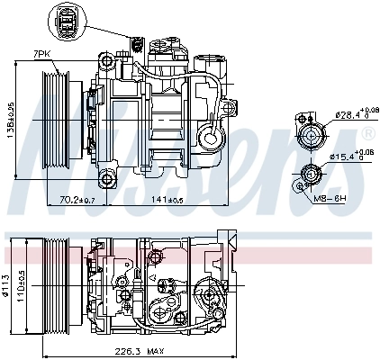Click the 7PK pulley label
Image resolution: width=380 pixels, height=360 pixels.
(x=41, y=55)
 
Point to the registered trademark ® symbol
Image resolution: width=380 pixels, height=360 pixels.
(x=366, y=134)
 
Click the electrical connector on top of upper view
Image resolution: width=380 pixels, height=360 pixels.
(x=138, y=45)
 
